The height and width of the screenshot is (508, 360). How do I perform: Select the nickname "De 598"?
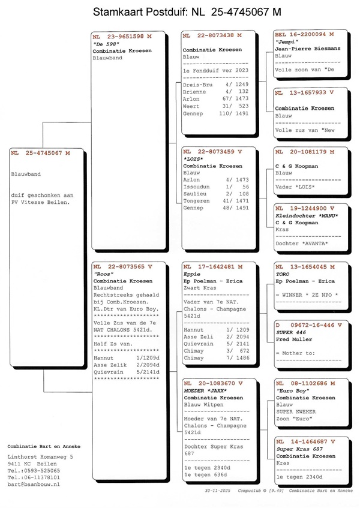tap(106, 44)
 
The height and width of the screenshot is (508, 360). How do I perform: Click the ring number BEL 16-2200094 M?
tap(304, 34)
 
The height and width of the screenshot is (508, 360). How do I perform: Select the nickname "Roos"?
tap(104, 273)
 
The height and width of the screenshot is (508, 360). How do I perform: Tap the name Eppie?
tap(192, 273)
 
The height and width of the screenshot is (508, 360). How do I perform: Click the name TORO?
tap(283, 273)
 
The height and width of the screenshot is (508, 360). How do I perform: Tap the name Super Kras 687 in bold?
tap(299, 449)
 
